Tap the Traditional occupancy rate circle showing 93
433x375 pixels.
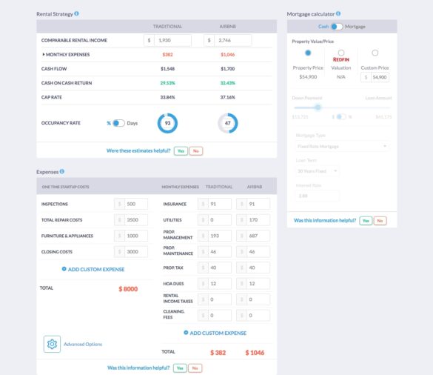[x=168, y=123]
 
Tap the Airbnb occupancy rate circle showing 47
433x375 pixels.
[x=228, y=123]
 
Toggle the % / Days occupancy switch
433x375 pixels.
[x=118, y=123]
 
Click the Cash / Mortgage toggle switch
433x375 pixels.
[x=337, y=27]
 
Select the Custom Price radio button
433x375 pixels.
[x=375, y=53]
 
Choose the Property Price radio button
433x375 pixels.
[x=308, y=53]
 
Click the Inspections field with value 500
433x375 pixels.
[x=135, y=204]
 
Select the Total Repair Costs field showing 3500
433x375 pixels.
[x=135, y=220]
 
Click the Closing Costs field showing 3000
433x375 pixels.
[x=135, y=252]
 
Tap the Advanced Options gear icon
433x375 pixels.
[x=52, y=344]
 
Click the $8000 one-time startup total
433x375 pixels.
[x=128, y=288]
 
